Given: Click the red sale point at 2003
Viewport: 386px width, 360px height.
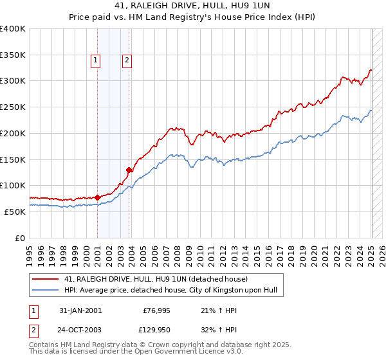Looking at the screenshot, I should (129, 170).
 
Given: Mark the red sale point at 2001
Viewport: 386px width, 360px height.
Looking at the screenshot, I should (98, 197).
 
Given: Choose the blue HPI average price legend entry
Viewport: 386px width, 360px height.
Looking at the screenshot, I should (170, 291).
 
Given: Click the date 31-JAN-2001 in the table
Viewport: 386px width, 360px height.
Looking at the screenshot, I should (80, 310).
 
